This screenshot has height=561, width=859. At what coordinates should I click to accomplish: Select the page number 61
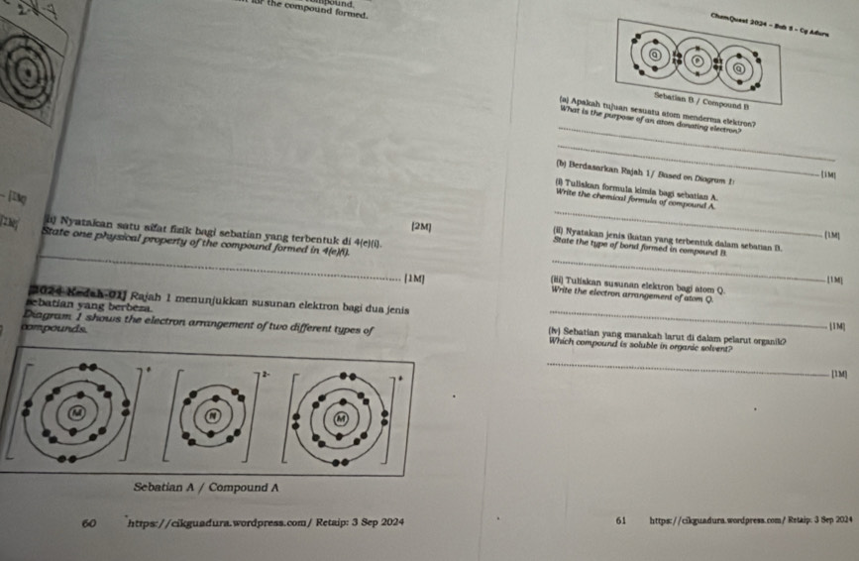621,518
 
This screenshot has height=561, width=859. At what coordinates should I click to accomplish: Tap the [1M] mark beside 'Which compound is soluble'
838,374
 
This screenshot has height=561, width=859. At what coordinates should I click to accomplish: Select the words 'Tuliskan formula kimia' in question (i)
613,188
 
